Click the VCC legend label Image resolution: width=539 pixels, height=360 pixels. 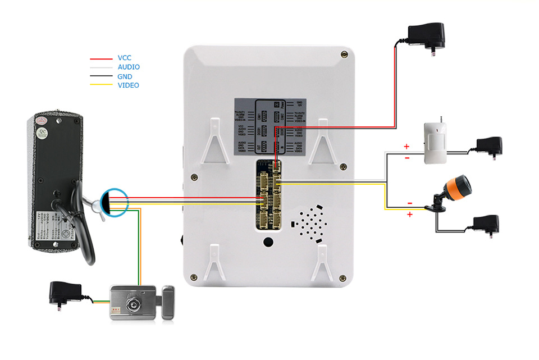click(124, 58)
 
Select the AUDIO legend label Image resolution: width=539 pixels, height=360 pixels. click(129, 67)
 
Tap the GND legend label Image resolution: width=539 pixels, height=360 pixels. click(125, 76)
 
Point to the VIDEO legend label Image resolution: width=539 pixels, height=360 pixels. click(128, 85)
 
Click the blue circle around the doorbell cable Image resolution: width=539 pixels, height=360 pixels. click(115, 201)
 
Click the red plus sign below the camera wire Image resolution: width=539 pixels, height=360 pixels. click(409, 215)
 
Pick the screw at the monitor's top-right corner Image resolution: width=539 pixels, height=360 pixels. click(344, 54)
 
